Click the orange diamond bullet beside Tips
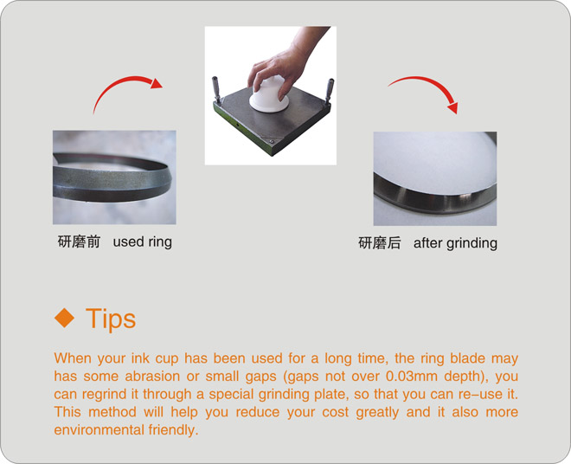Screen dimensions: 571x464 65,317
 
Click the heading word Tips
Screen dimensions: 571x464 111,319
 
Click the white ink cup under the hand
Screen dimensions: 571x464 269,95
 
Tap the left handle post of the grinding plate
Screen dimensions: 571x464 216,89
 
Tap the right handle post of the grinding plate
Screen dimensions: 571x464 330,91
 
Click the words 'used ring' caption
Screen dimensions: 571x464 143,242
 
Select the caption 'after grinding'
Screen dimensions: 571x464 455,243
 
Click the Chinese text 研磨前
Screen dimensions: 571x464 79,242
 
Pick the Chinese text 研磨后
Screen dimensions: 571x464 380,243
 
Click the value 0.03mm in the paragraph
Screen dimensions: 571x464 412,377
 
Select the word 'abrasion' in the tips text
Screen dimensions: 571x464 152,377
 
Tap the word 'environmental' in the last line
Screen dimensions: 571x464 98,429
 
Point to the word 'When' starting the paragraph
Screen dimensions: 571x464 73,358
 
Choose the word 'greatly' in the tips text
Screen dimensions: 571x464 377,413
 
